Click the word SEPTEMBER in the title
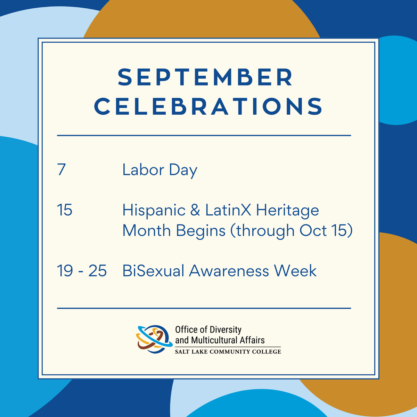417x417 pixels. (x=206, y=77)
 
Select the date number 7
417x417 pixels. (x=62, y=170)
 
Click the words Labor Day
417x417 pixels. (x=160, y=170)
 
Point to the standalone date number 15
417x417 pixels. (x=65, y=210)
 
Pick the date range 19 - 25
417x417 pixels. (x=82, y=271)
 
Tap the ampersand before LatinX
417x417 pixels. (x=195, y=210)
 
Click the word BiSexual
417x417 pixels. (x=153, y=271)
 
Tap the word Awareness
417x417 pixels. (x=229, y=271)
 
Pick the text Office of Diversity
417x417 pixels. (x=208, y=329)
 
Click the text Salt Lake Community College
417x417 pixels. (x=228, y=352)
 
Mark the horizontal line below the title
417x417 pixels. (x=204, y=136)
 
